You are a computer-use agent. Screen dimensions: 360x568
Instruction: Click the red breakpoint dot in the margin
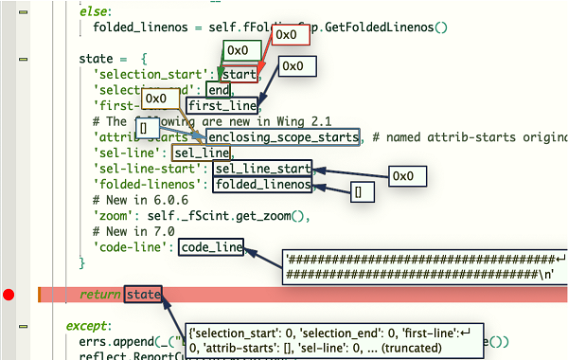point(9,295)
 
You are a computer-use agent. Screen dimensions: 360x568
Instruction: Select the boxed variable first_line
point(221,105)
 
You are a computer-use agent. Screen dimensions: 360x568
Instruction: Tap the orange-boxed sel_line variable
point(202,153)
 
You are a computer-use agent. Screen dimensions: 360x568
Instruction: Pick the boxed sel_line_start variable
point(261,169)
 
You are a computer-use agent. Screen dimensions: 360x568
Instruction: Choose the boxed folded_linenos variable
point(261,185)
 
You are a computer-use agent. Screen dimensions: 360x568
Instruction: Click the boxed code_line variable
point(210,246)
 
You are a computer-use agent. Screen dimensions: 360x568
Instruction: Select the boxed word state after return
point(143,295)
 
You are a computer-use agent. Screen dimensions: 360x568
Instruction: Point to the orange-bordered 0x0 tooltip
point(157,99)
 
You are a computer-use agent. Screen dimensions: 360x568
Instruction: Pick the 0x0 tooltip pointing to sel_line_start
point(403,175)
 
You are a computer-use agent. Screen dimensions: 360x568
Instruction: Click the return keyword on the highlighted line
point(99,295)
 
